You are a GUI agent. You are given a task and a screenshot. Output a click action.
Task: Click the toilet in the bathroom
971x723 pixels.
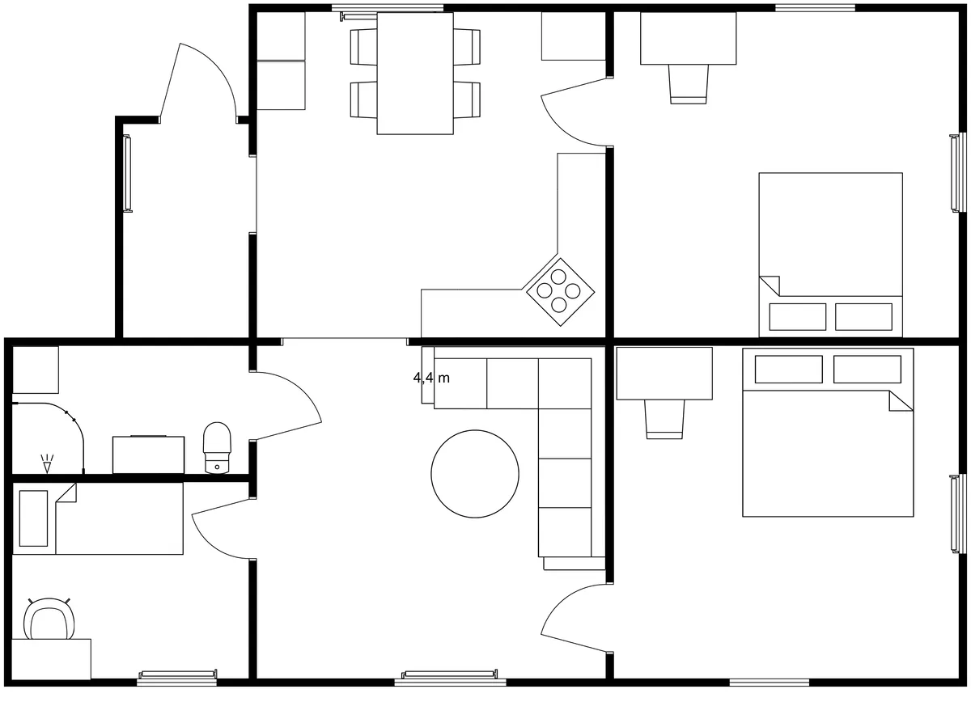(x=217, y=447)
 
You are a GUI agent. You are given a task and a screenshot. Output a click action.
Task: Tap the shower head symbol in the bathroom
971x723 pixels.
(x=47, y=463)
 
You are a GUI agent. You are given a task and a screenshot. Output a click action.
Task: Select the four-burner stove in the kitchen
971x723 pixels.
(x=560, y=291)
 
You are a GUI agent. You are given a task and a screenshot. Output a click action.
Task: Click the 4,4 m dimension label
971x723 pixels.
(x=431, y=378)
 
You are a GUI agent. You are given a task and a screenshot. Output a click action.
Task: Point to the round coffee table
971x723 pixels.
(x=475, y=474)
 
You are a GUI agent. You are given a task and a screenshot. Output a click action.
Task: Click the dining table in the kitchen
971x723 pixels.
(x=415, y=73)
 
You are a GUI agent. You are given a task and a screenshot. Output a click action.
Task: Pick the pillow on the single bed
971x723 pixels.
(x=33, y=518)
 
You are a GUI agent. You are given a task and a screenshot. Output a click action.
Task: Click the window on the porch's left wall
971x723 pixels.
(x=127, y=174)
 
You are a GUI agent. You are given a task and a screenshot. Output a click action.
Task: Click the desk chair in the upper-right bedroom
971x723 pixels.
(x=689, y=84)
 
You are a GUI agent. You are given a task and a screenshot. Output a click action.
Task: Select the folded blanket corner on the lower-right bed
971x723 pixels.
(x=900, y=400)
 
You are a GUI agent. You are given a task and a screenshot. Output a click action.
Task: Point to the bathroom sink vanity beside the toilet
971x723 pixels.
(x=148, y=455)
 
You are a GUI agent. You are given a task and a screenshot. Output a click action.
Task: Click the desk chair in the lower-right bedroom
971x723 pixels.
(x=664, y=420)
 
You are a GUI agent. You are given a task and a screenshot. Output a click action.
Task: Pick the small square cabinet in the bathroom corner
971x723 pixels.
(x=36, y=370)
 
